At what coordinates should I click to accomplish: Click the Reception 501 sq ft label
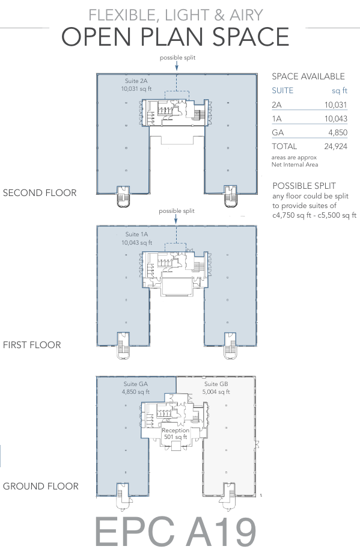(175, 434)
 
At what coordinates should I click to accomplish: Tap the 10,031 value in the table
(335, 105)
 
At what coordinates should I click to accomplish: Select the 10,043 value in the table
(335, 118)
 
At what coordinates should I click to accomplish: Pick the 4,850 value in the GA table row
(338, 133)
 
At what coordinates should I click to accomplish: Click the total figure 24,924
(335, 146)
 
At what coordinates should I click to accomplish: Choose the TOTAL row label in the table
(284, 146)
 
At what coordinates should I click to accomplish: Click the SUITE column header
(282, 91)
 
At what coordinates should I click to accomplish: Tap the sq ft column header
(340, 91)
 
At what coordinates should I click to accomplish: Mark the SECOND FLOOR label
(40, 193)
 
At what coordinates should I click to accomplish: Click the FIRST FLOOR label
(32, 345)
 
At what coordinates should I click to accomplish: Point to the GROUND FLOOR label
(41, 486)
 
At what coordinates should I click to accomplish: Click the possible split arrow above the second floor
(177, 67)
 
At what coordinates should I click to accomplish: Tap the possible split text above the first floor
(177, 211)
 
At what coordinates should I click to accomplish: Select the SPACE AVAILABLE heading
(308, 76)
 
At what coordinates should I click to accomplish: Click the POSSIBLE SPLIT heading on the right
(304, 186)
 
